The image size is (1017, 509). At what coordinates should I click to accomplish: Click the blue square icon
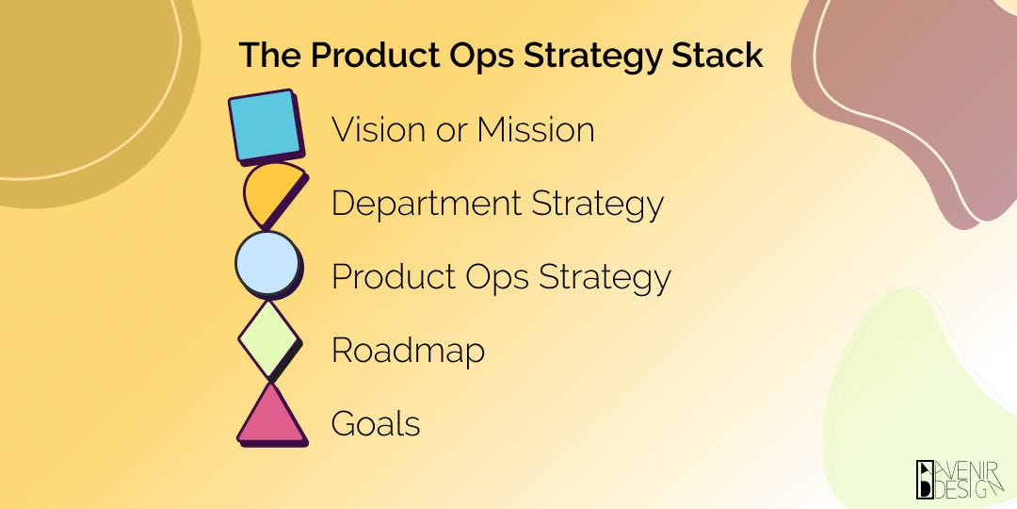point(266,125)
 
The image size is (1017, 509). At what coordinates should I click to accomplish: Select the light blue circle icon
point(267,264)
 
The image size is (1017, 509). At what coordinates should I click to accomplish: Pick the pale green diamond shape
point(269,337)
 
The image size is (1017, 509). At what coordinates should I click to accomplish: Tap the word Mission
point(536,129)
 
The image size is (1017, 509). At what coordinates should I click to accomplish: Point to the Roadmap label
point(408,351)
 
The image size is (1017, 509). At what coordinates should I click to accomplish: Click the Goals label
point(375,424)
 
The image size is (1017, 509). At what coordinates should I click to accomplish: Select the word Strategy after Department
point(597,204)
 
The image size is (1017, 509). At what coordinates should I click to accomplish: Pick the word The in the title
point(269,56)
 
